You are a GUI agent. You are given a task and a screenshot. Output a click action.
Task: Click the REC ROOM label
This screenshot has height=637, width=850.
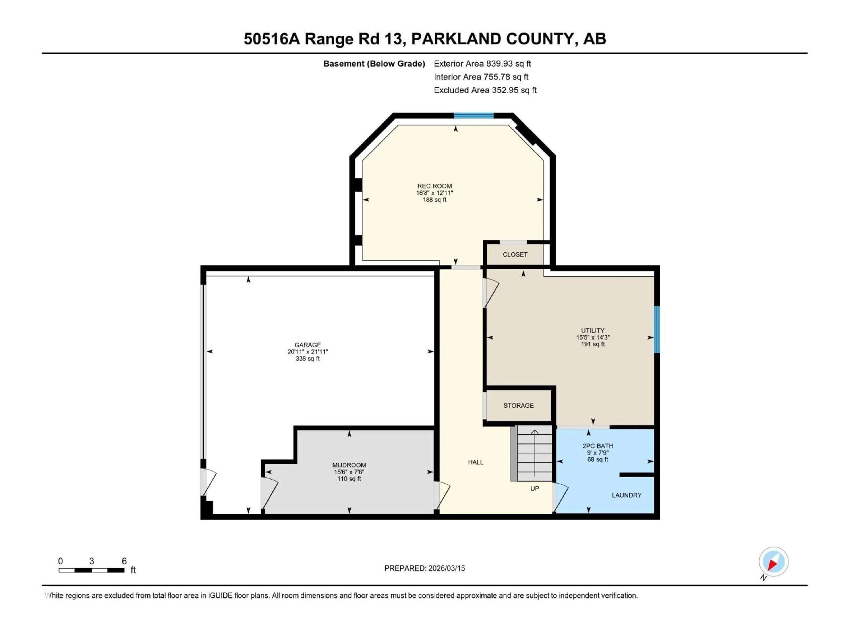click(435, 186)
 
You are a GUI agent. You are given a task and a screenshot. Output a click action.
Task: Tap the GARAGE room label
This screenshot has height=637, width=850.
click(307, 345)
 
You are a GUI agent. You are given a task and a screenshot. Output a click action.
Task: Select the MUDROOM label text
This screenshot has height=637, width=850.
click(349, 465)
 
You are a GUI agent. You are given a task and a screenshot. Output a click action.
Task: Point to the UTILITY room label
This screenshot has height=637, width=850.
click(593, 330)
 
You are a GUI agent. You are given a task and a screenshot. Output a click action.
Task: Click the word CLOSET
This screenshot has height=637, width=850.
click(515, 255)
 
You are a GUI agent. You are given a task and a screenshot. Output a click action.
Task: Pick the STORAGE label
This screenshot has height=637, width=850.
click(518, 405)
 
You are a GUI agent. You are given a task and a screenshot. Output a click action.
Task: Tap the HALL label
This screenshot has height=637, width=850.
click(475, 462)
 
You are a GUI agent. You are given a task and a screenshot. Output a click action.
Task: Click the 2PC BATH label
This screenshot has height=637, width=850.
click(597, 446)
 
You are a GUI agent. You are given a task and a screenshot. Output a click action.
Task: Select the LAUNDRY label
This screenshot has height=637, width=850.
click(626, 495)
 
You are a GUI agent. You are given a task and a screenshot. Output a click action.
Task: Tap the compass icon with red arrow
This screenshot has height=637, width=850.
click(774, 562)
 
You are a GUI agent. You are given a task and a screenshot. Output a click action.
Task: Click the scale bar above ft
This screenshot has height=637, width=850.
click(91, 570)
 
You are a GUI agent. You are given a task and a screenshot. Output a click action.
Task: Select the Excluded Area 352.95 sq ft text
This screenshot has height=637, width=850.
click(485, 90)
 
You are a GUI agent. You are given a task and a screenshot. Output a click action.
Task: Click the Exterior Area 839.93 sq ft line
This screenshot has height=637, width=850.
click(482, 64)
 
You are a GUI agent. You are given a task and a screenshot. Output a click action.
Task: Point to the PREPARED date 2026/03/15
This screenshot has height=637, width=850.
click(425, 568)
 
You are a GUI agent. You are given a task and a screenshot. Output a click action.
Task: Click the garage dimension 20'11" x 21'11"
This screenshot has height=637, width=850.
click(307, 352)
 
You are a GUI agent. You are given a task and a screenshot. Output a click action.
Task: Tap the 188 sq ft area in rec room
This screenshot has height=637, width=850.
click(435, 200)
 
